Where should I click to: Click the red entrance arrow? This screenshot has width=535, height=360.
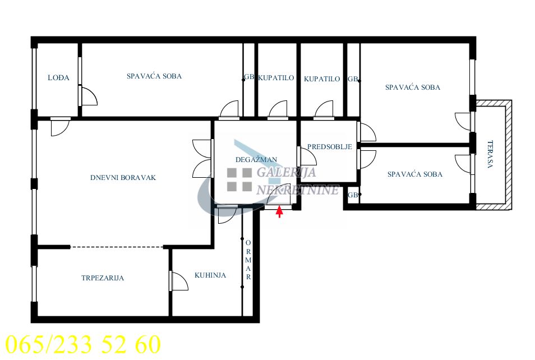point(279,211)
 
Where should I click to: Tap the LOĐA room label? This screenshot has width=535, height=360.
point(58,78)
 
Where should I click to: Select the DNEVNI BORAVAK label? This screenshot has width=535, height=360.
point(123,177)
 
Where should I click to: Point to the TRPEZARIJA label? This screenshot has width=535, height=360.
point(103,278)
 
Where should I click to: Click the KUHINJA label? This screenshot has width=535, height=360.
point(210,275)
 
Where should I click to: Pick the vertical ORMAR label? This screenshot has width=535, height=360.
point(248,260)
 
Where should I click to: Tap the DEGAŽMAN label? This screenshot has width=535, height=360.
point(256,159)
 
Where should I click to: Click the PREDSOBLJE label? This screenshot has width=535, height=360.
point(330,147)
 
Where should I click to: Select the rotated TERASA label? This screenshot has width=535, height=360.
point(490,154)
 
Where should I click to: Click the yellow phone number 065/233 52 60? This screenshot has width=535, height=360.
point(83,344)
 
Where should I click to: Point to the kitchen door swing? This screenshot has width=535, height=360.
point(179,281)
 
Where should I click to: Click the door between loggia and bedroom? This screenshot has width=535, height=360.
point(89,95)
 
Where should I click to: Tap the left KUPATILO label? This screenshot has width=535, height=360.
point(276,78)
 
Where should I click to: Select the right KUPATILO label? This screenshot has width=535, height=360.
point(322,79)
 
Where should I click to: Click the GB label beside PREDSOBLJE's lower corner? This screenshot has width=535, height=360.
point(353,195)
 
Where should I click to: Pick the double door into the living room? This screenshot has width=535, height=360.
point(202,159)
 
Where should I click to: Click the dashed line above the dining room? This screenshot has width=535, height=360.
point(117,247)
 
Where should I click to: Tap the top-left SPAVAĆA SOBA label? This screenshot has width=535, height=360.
point(154,76)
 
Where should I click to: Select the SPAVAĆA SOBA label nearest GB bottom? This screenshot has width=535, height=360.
point(415,174)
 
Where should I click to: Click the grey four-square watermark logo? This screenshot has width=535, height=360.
point(239,179)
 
